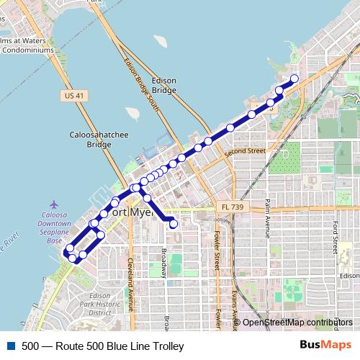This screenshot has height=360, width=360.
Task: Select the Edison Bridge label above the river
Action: click(164, 85)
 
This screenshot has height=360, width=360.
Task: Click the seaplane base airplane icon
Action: click(55, 205)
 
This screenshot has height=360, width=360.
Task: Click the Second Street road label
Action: click(245, 152)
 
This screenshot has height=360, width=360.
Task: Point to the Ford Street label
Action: click(336, 237)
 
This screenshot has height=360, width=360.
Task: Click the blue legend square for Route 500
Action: click(10, 346)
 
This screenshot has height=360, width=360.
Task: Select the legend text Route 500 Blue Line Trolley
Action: click(102, 346)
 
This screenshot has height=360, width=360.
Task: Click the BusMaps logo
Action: click(325, 346)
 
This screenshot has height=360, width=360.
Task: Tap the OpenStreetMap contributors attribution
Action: click(297, 322)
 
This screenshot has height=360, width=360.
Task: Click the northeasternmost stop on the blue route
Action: click(294, 78)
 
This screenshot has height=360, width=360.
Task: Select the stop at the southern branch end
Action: click(174, 224)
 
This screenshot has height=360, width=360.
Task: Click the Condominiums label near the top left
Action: click(27, 50)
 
